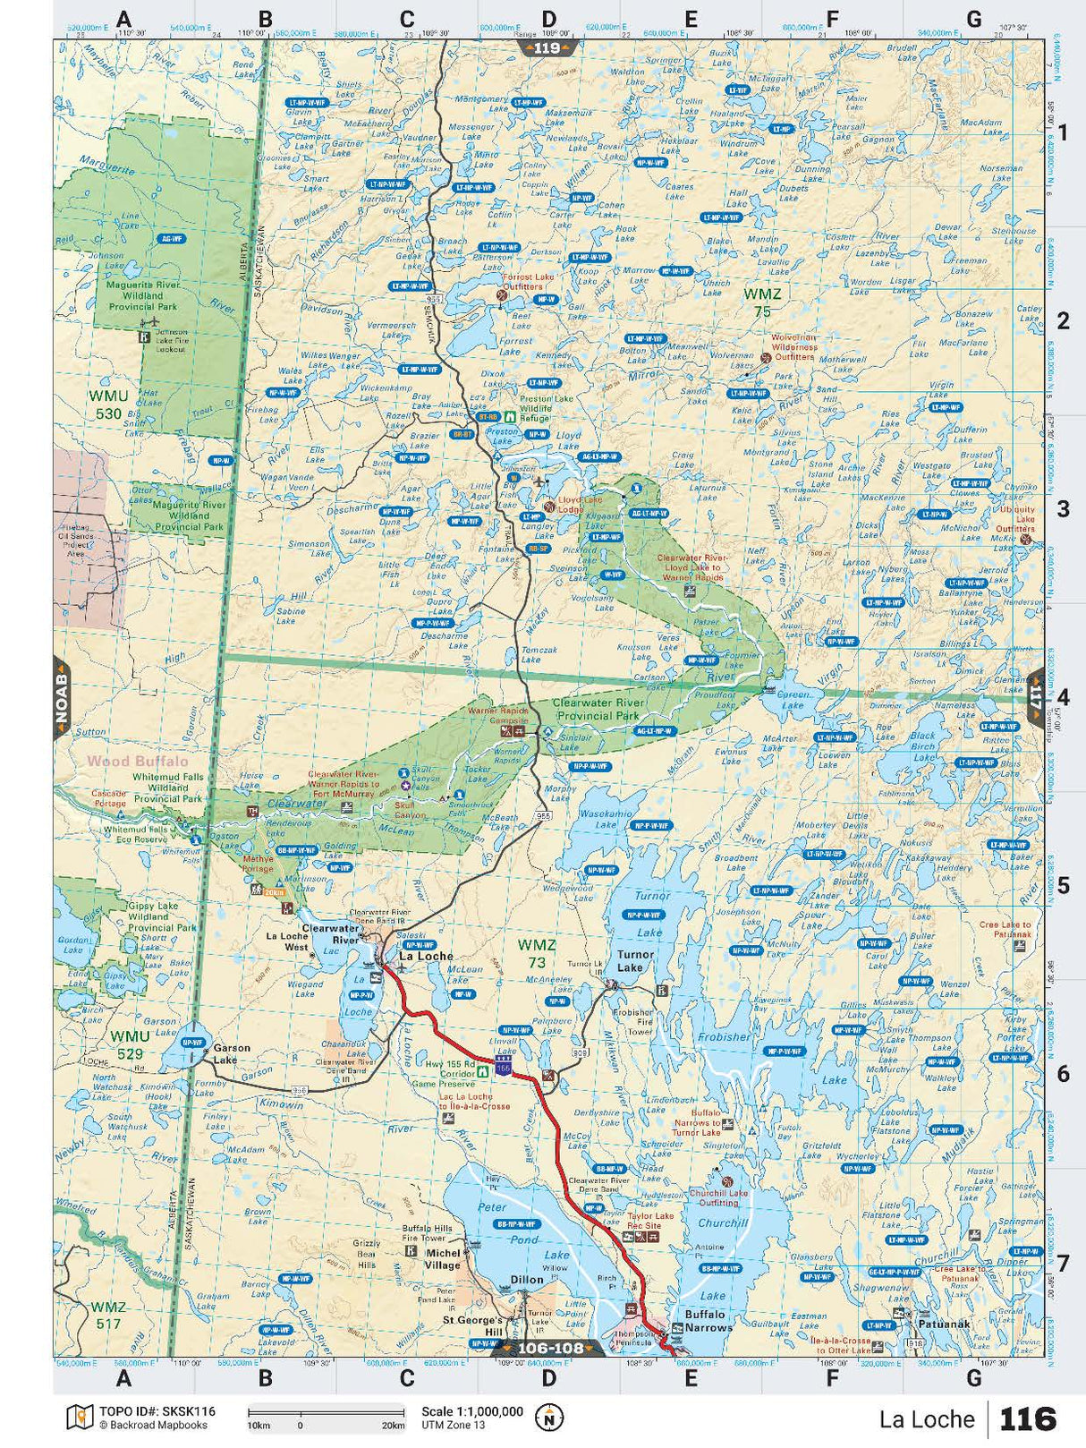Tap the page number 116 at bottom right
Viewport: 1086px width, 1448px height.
click(1028, 1419)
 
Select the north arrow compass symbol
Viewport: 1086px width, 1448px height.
click(548, 1418)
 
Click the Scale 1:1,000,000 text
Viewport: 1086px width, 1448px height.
click(472, 1411)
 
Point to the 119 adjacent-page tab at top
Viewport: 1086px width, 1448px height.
click(547, 47)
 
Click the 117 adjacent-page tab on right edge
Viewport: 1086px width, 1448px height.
click(1036, 695)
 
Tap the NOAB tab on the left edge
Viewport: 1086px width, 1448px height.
click(62, 695)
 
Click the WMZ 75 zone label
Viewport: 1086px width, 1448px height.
click(762, 302)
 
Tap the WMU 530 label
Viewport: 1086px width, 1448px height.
click(108, 404)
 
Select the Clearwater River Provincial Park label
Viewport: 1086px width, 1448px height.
click(597, 709)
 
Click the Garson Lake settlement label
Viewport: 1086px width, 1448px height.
click(231, 1053)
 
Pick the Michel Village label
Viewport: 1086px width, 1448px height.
click(442, 1258)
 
